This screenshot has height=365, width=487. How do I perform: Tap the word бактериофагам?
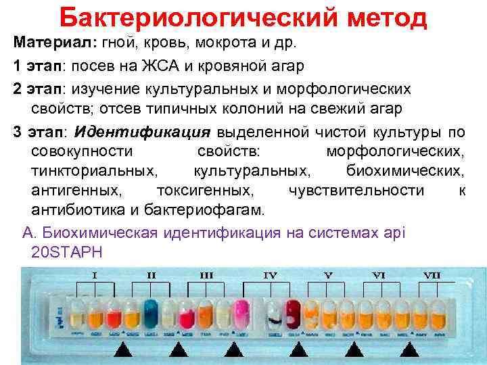216,210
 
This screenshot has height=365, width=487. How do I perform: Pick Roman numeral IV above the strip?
270,276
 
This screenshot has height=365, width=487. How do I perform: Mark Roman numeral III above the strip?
206,276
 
